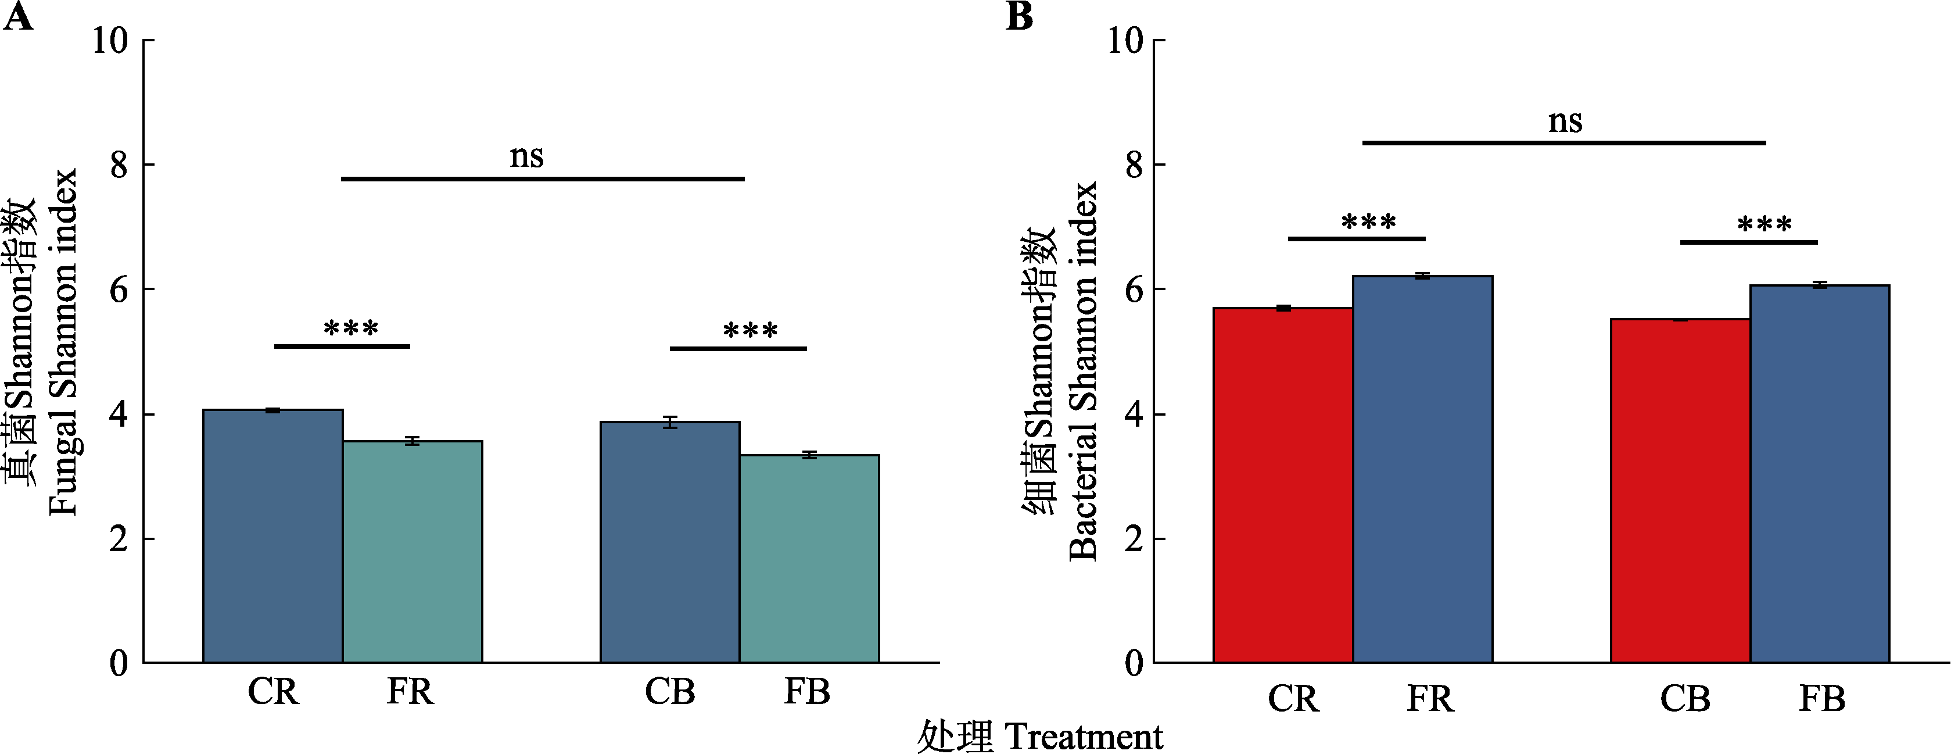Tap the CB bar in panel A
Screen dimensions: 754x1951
click(x=669, y=542)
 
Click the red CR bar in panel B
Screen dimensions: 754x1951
click(x=1282, y=485)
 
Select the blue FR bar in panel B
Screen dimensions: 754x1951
click(x=1422, y=469)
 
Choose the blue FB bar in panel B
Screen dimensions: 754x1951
click(x=1819, y=474)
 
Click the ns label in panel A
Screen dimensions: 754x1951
click(x=526, y=156)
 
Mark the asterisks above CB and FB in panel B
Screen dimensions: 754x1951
click(x=1764, y=224)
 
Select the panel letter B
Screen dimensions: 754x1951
click(x=1020, y=17)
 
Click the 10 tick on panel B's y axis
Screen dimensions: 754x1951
click(x=1125, y=40)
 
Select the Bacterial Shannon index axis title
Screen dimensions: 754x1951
click(x=1083, y=371)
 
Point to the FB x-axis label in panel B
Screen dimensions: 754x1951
click(x=1821, y=698)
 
